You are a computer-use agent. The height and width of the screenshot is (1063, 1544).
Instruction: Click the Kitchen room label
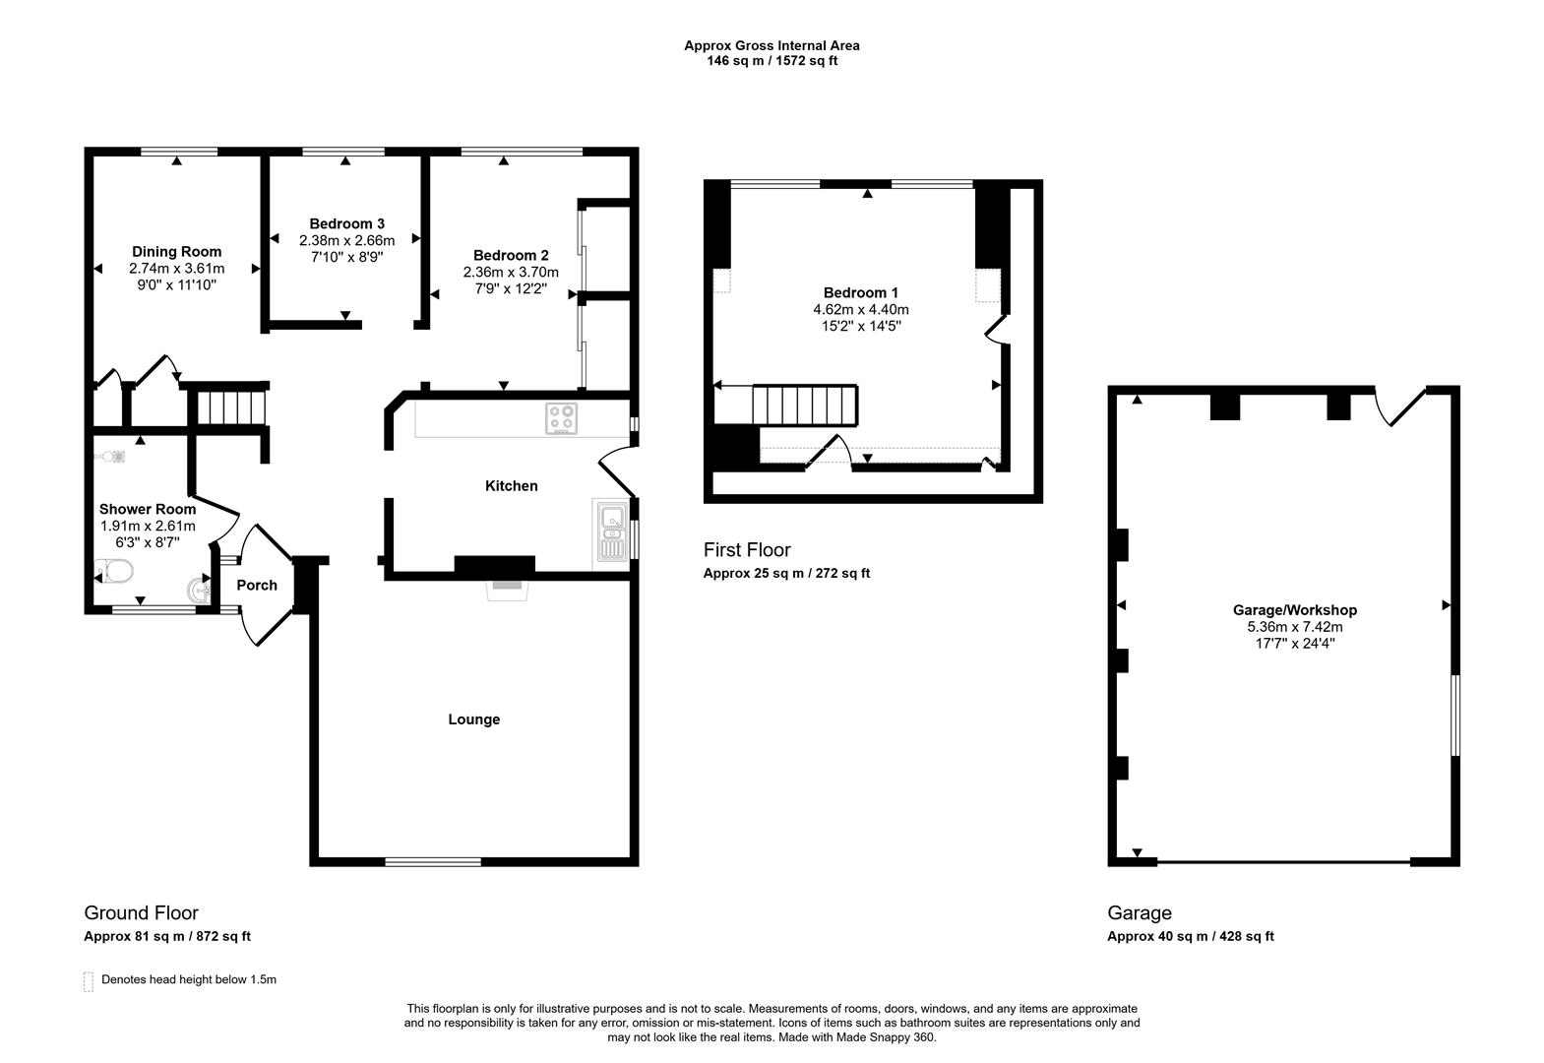coord(511,485)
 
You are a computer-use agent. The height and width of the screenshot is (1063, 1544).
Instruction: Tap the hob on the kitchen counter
coord(561,419)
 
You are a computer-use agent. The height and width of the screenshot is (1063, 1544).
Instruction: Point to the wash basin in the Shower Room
coord(198,590)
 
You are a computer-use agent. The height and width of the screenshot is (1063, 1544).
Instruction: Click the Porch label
coord(257,585)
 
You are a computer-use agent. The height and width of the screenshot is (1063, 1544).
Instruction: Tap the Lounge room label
coord(473,719)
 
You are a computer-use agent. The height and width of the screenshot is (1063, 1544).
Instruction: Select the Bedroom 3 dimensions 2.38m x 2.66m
coord(346,240)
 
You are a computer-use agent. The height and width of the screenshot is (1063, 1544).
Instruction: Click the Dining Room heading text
coord(176,252)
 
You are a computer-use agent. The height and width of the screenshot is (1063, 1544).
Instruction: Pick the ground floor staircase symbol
coord(227,406)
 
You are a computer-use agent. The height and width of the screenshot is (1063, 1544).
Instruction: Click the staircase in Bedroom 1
coord(805,406)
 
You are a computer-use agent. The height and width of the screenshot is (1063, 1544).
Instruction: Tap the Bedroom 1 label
coord(860,292)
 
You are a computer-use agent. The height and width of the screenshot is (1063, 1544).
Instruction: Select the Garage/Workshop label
coord(1294,610)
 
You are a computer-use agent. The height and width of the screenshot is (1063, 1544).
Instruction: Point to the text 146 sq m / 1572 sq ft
coord(772,61)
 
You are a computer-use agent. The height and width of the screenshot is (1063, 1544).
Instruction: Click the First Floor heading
coord(746,550)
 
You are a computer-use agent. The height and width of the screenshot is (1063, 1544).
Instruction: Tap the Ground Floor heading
coord(141,913)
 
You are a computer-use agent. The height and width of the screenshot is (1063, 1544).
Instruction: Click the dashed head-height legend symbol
coord(89,981)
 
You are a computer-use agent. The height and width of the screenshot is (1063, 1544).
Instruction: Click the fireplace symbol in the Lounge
coord(509,587)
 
